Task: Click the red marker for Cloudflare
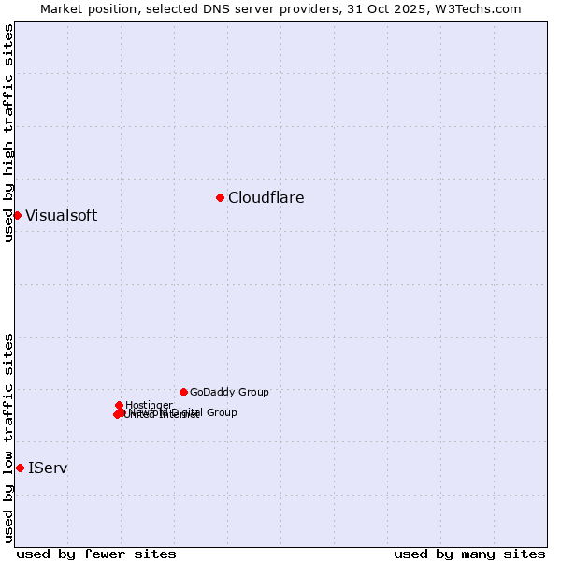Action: coord(220,197)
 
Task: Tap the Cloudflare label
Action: coord(266,198)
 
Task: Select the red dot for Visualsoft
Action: coord(17,215)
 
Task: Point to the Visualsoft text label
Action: coord(61,216)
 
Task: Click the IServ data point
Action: coord(20,467)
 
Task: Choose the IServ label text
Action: coord(48,467)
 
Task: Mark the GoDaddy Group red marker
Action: coord(183,392)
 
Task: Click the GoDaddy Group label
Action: coord(229,393)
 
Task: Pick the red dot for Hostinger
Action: coord(119,405)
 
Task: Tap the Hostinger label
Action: coord(149,406)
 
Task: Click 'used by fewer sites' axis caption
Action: coord(96,554)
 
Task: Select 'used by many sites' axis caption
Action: coord(469,554)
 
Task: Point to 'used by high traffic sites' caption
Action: coord(8,133)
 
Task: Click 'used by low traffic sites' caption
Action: coord(8,437)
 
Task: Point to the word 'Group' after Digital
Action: coord(221,412)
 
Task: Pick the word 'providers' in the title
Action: coord(308,8)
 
